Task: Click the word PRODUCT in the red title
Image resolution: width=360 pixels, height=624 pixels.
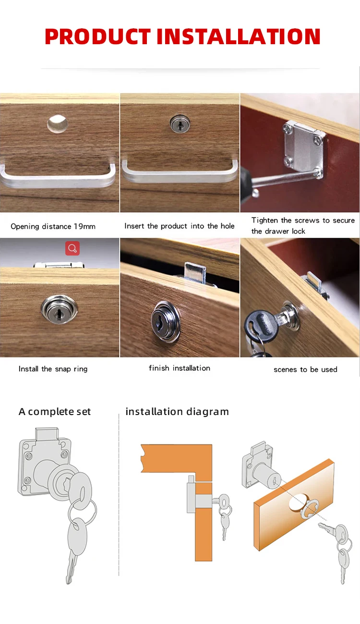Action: coord(97,37)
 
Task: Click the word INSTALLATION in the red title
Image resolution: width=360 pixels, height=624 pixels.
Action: coord(239,37)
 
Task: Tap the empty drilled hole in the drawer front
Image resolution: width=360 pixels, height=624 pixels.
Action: coord(57,123)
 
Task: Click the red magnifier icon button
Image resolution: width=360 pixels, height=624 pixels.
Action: coord(72,248)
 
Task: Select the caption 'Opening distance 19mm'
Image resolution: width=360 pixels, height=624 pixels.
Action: coord(53,226)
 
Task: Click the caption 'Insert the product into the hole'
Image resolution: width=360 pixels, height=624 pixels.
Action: coord(180,226)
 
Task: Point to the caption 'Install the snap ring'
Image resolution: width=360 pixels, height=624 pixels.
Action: coord(53,369)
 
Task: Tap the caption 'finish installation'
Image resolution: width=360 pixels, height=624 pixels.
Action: coord(180,368)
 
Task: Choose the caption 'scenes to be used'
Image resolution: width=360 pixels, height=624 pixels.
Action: coord(305,370)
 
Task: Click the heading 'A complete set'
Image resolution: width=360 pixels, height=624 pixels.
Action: coord(55,412)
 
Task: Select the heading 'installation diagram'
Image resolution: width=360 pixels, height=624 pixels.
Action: coord(177,412)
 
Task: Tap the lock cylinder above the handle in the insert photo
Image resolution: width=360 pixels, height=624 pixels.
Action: coord(180,123)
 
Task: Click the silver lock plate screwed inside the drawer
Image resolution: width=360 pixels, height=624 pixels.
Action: coord(304,149)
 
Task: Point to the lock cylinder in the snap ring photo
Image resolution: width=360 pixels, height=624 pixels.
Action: coord(59,309)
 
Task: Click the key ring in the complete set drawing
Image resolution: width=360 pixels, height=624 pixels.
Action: coord(83,512)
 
